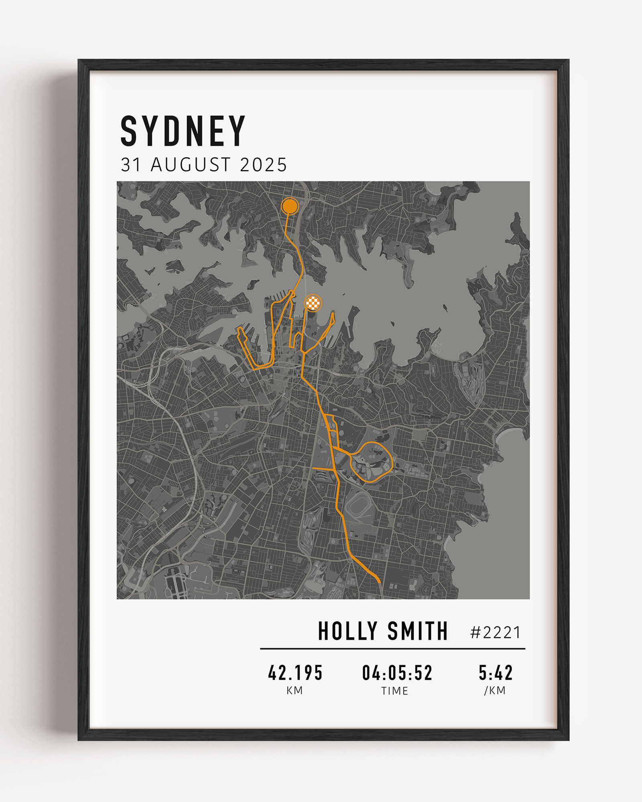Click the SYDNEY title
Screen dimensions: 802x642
point(183,131)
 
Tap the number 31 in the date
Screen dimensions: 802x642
point(131,165)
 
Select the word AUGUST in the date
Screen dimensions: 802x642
point(191,165)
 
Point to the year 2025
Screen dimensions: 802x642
point(263,165)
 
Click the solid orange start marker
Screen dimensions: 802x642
point(290,206)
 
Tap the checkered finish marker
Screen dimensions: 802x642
point(313,303)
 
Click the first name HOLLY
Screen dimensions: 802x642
point(347,631)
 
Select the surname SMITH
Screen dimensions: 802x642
point(417,631)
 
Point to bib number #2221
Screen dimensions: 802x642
point(496,633)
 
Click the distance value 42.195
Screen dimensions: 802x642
point(295,673)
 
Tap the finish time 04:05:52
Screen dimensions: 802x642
point(397,673)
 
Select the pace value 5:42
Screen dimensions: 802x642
point(496,673)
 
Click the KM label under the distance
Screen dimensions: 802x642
point(295,691)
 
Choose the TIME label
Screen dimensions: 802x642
point(395,691)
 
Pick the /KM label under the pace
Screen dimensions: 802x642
point(495,691)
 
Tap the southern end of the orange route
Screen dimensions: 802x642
point(379,581)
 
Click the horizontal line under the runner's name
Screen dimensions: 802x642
point(392,648)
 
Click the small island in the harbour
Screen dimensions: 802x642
point(445,308)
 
